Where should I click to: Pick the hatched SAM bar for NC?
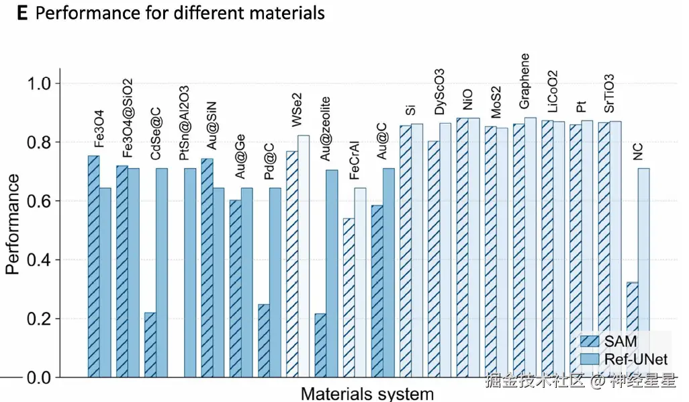632,329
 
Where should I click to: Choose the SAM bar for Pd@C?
263,340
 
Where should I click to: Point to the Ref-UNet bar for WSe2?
304,256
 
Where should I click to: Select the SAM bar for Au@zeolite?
320,345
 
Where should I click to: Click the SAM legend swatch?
589,342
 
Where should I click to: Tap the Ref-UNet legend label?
635,360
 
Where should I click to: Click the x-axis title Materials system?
367,393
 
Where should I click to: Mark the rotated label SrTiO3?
608,93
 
